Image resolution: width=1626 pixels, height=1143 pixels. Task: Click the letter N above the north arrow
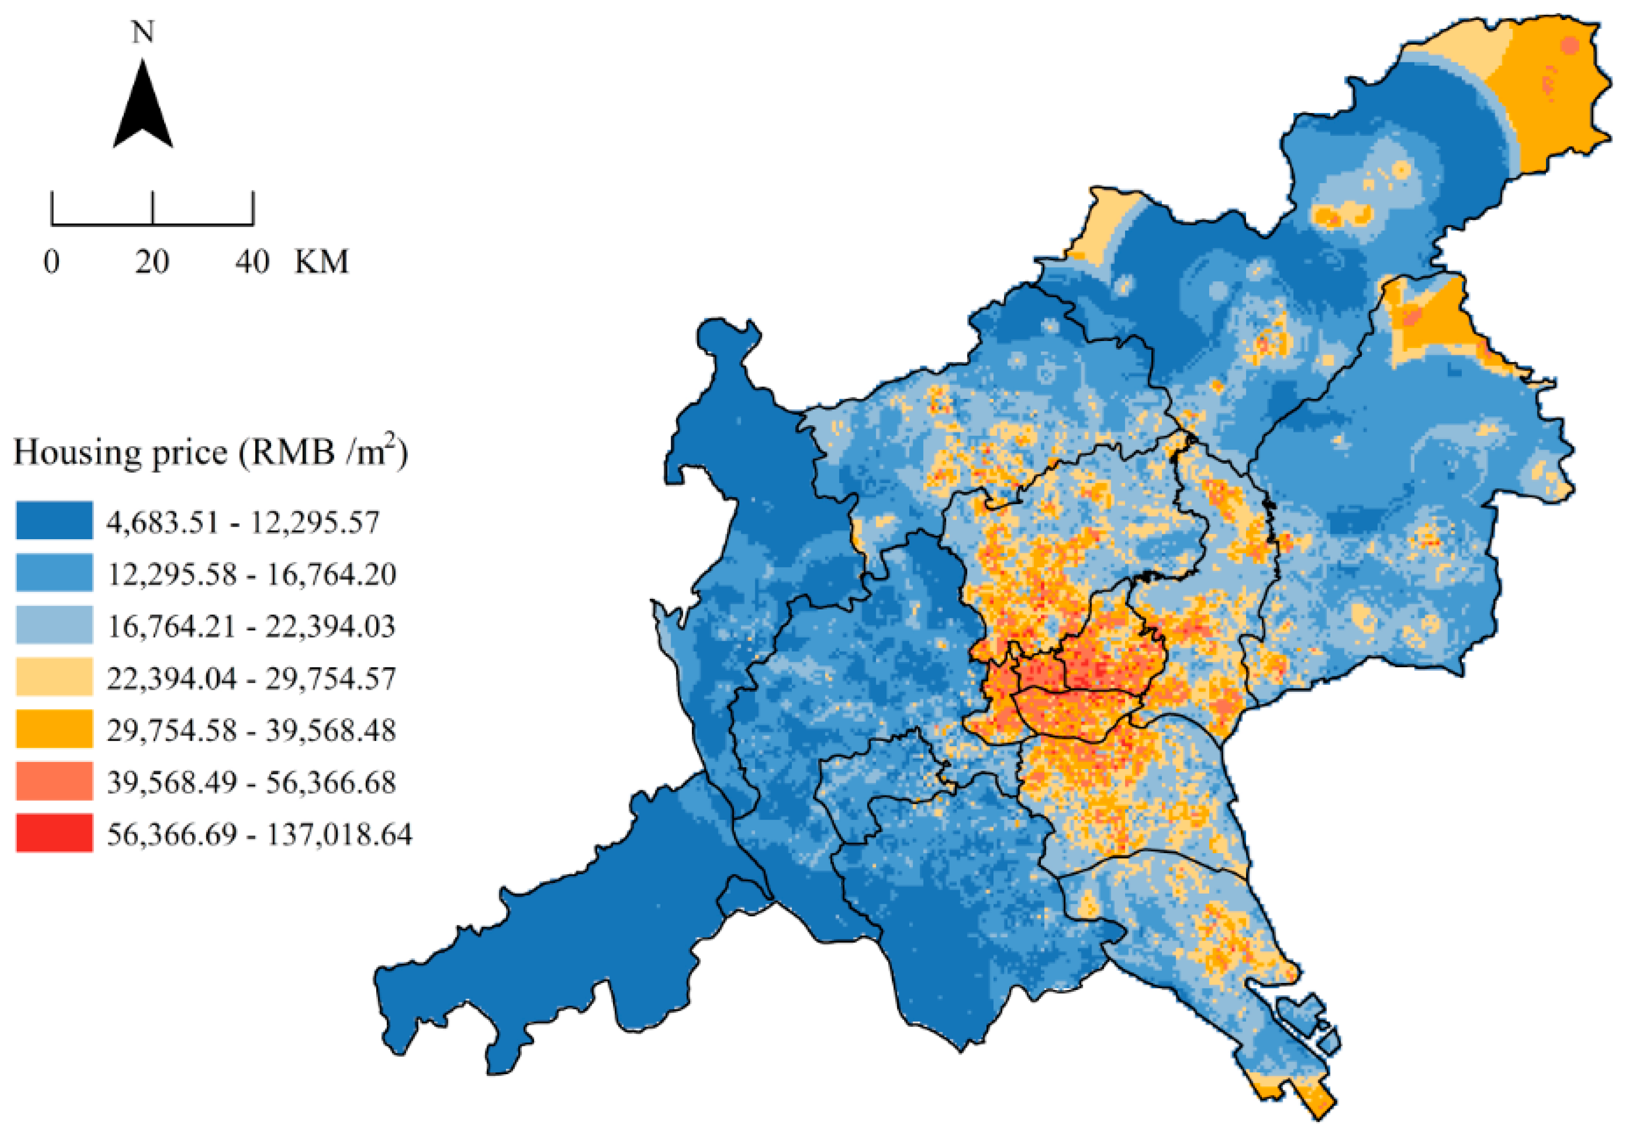[143, 33]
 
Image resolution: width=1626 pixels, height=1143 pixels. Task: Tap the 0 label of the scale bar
[52, 262]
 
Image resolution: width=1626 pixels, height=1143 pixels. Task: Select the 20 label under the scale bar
[152, 262]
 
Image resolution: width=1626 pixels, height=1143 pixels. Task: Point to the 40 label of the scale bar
[253, 262]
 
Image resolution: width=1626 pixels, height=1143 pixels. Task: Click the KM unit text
[321, 262]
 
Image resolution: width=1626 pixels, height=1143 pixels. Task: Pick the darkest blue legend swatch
[54, 521]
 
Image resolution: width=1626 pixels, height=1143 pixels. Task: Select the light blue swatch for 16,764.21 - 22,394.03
[54, 625]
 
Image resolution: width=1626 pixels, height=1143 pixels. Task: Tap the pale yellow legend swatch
[54, 677]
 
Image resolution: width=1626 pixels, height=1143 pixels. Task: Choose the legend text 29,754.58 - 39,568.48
[252, 730]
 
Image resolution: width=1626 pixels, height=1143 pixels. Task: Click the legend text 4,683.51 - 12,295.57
[243, 522]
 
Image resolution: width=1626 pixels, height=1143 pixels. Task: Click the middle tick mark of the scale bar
[152, 209]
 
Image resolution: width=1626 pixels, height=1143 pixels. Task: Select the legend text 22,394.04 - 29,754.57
[252, 678]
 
